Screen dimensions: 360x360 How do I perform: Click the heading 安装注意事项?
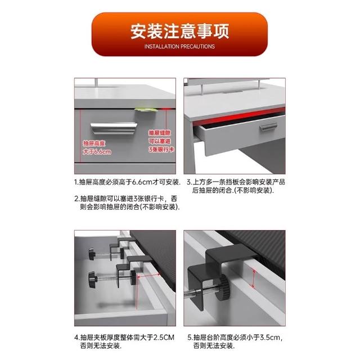click(x=180, y=31)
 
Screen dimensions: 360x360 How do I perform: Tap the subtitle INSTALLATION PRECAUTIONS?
click(x=179, y=47)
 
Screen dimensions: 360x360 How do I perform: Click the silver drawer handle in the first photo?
click(x=114, y=128)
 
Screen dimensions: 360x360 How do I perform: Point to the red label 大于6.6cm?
click(x=97, y=152)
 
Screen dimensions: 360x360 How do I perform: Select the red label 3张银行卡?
click(x=161, y=150)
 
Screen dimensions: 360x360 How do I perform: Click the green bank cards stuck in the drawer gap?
click(x=146, y=110)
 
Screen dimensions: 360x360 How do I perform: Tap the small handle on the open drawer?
click(x=268, y=127)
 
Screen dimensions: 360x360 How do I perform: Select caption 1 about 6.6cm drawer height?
click(x=128, y=182)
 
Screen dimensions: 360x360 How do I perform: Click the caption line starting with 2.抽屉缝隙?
click(x=126, y=198)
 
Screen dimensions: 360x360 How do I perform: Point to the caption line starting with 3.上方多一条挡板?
click(x=236, y=182)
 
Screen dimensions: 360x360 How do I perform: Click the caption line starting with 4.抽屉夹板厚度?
click(x=124, y=337)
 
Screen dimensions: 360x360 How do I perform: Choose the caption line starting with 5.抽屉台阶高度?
click(x=235, y=337)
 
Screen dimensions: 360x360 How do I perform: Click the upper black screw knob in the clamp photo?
click(x=92, y=254)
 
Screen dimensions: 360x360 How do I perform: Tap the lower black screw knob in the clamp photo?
click(x=92, y=279)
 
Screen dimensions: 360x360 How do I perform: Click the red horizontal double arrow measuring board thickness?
click(x=148, y=276)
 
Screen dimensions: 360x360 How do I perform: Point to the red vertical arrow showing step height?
click(x=254, y=278)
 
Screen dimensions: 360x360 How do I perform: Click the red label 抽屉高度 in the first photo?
click(x=94, y=143)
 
